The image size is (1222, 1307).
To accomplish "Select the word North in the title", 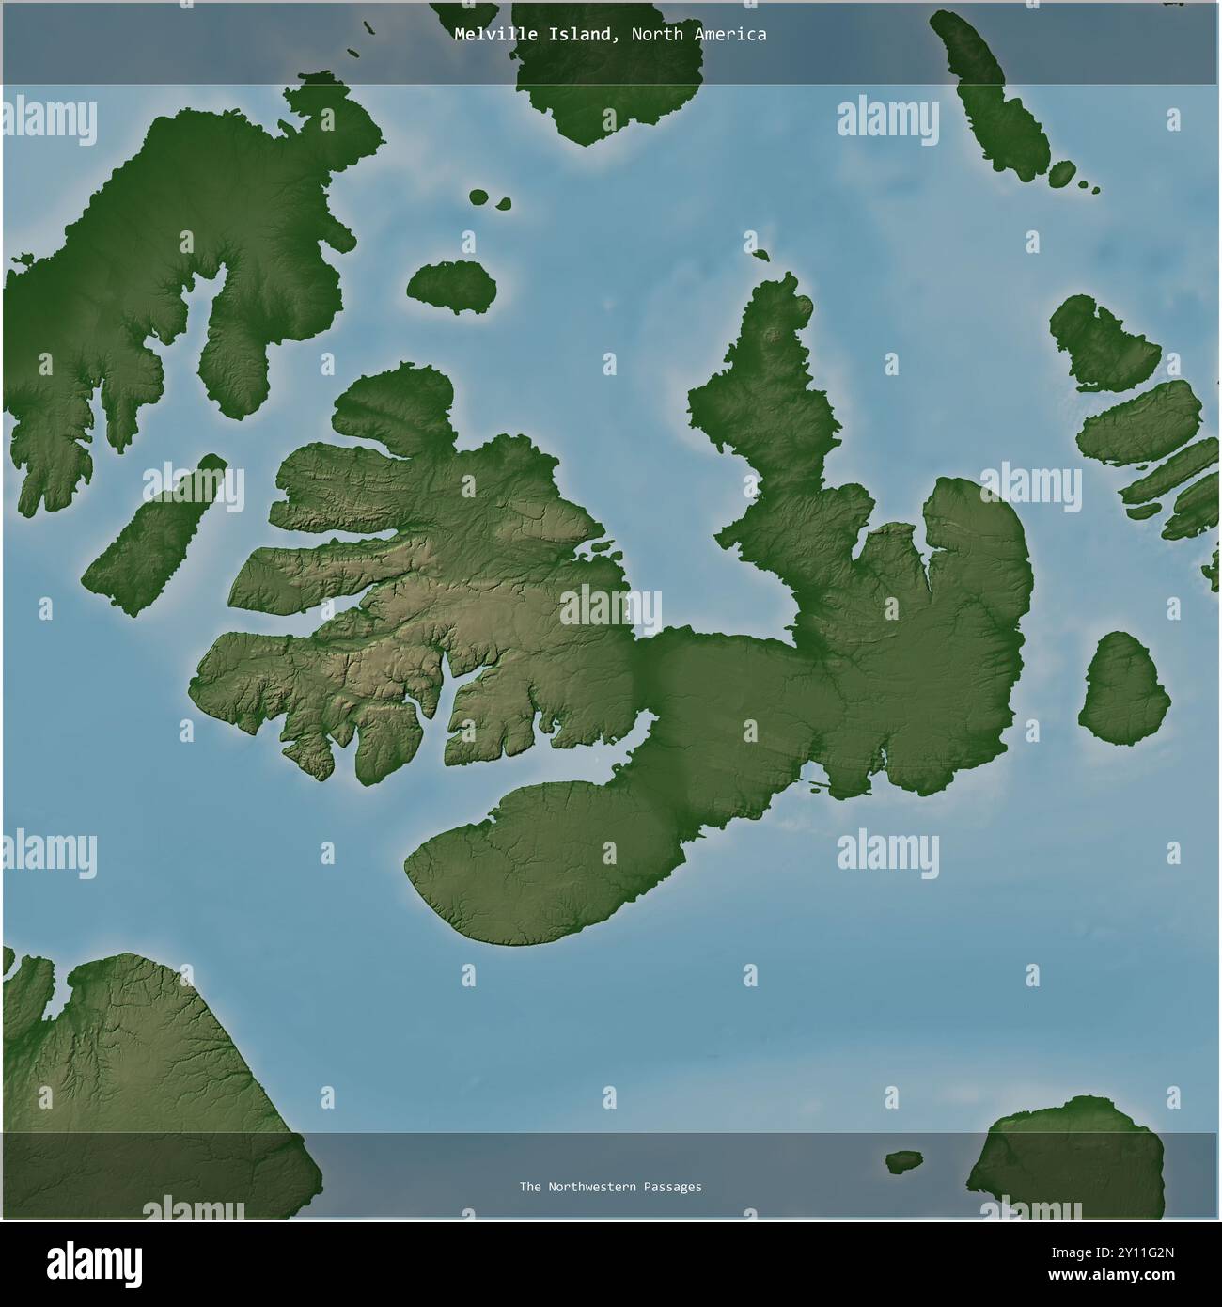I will click(655, 35).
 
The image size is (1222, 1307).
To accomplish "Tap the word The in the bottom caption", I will click(529, 1187).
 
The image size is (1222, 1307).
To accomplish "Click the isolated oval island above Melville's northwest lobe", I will click(452, 286).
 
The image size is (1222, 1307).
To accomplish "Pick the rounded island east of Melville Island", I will click(1124, 687).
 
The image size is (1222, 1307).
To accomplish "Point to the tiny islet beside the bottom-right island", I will click(904, 1162).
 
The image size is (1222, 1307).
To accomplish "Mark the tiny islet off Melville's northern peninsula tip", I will click(760, 254).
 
